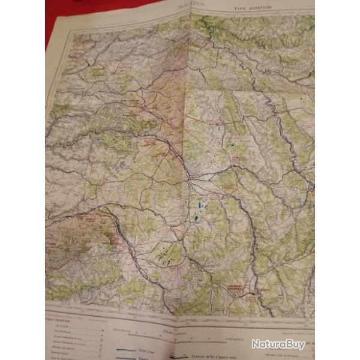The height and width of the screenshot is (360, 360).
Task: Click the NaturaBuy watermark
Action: point(278,344)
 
